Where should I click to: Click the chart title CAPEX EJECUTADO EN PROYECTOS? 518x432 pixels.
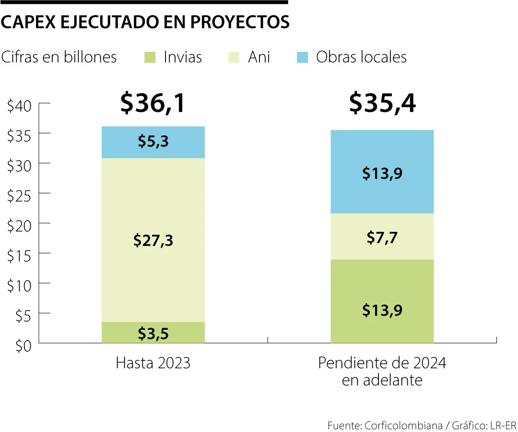click(x=145, y=22)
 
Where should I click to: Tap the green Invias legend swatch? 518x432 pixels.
click(x=150, y=58)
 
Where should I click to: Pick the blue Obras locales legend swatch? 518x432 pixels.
click(x=302, y=58)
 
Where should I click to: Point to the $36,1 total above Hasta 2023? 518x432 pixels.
click(x=153, y=103)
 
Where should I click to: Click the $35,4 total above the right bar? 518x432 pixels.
click(x=382, y=103)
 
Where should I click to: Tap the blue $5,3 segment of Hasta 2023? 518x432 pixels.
click(x=153, y=142)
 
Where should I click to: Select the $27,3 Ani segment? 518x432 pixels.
click(x=153, y=240)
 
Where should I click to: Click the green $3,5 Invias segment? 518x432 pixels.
click(x=153, y=332)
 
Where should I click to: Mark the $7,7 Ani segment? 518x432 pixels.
click(x=382, y=237)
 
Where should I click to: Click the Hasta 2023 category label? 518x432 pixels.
click(x=153, y=363)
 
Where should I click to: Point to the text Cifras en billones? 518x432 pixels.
click(x=59, y=57)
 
